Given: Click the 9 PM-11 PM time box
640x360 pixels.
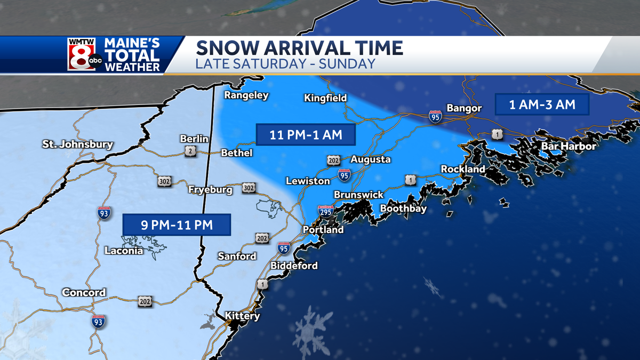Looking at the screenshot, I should click(177, 225).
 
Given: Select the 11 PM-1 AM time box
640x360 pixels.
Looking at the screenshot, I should click(306, 135).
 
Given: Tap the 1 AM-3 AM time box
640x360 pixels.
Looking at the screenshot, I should click(542, 105).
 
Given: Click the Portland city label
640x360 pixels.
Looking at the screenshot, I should click(323, 230).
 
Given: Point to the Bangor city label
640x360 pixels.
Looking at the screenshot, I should click(464, 108).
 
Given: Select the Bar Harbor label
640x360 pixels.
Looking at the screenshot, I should click(569, 146).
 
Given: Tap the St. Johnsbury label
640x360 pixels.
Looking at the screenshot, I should click(78, 144).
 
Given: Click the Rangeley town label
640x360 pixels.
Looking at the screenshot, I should click(246, 95).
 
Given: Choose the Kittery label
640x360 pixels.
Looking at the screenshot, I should click(242, 316).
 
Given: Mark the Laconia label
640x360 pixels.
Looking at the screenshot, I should click(124, 250).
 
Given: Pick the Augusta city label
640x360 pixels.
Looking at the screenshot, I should click(370, 159).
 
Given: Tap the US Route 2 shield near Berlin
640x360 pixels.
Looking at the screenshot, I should click(191, 152).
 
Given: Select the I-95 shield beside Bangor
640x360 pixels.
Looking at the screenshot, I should click(435, 117).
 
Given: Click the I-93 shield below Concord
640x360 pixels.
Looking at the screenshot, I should click(98, 321).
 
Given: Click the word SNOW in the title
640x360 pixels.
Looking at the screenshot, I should click(225, 48).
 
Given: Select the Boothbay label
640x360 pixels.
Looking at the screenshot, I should click(403, 209).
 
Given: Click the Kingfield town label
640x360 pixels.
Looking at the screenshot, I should click(325, 98).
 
